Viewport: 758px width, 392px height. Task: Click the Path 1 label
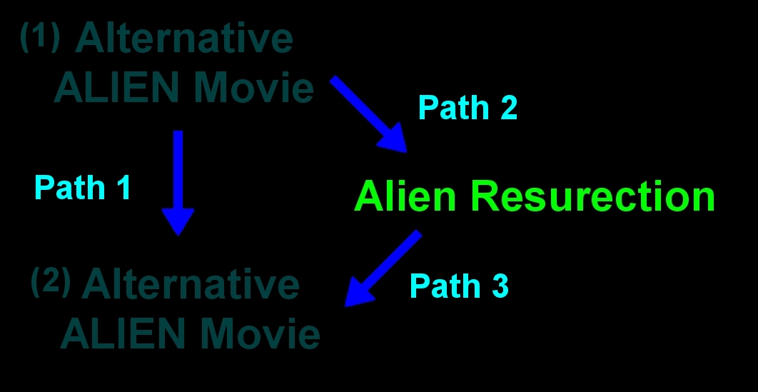[x=82, y=188]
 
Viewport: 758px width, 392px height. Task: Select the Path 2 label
[x=468, y=108]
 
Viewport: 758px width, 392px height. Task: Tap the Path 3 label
[x=459, y=286]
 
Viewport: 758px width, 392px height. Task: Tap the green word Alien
[x=405, y=196]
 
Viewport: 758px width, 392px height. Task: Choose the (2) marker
[x=50, y=282]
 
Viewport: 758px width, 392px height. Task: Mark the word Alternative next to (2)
[x=191, y=285]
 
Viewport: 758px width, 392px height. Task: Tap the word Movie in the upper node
[x=254, y=89]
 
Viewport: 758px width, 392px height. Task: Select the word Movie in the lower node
[x=261, y=334]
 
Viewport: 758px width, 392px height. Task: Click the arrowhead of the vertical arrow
[x=178, y=221]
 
